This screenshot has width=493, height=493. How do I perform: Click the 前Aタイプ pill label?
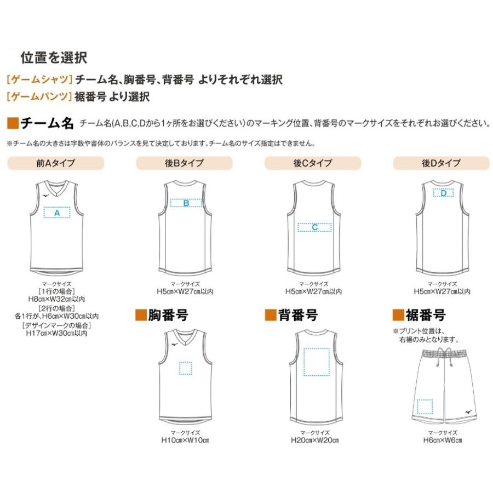56,163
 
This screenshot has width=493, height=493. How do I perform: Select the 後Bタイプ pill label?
184,163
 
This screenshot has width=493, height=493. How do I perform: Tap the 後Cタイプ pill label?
313,163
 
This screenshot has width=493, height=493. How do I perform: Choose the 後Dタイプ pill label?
442,163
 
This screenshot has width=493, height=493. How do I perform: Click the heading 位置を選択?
54,58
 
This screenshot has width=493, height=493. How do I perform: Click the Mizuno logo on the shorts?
468,411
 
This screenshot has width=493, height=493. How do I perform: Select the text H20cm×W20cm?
315,440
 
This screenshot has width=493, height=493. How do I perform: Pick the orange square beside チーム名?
13,123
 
